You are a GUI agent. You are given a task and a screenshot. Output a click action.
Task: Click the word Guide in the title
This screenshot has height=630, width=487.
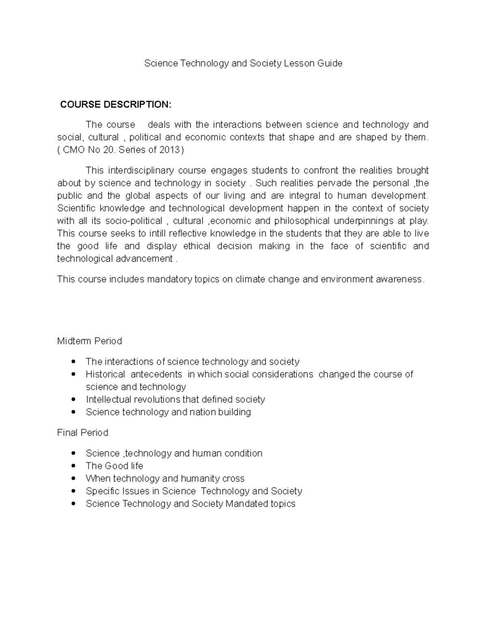pos(330,63)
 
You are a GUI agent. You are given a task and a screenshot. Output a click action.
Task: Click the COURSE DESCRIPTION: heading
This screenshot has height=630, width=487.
pos(116,105)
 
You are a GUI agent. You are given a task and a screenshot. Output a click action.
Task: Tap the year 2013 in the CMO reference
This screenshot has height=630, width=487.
pos(170,150)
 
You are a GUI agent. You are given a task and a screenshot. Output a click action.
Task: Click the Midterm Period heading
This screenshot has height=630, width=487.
pos(89,341)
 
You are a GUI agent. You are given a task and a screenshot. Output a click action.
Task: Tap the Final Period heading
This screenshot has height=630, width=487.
pos(82,433)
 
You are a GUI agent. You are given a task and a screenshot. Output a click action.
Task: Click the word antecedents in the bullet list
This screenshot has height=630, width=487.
pos(156,374)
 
